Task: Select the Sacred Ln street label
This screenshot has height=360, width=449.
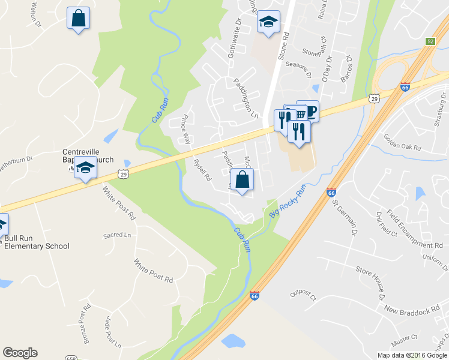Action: [x=117, y=235]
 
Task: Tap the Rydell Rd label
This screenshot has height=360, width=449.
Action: [x=201, y=169]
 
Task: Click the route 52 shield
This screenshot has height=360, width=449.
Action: [x=431, y=41]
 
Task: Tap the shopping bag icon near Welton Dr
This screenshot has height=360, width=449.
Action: [x=78, y=17]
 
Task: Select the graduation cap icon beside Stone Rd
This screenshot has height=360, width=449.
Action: [x=268, y=22]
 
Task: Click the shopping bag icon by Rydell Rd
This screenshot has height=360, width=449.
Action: [x=242, y=179]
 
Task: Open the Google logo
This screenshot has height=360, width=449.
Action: [x=20, y=353]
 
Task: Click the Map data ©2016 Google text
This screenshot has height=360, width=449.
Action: [x=412, y=355]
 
